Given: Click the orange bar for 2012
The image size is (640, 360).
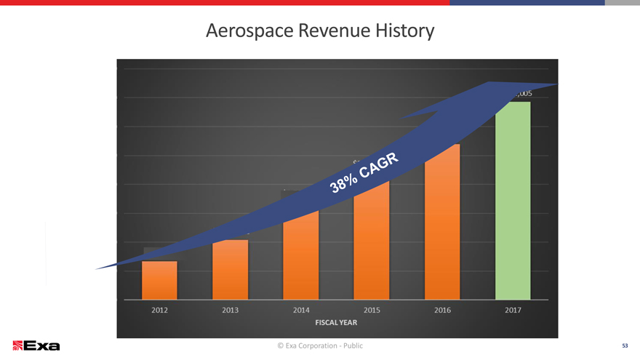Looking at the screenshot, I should [159, 280].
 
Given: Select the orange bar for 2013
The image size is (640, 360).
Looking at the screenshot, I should [230, 270].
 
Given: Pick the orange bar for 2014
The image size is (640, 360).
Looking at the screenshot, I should [301, 255].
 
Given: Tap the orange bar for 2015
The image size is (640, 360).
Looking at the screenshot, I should [372, 240].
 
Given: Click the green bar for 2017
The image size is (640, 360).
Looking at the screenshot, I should [513, 200].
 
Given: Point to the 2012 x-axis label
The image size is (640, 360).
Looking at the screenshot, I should [159, 311].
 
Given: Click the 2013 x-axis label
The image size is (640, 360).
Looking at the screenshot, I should [230, 311].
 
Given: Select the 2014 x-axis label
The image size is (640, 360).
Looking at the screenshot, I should [301, 311].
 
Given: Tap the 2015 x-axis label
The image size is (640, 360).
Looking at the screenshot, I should [372, 311].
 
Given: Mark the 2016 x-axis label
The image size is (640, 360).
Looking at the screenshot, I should [442, 311].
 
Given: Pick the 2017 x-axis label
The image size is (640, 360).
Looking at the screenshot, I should [513, 311].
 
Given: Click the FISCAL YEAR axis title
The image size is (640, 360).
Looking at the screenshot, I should [335, 321].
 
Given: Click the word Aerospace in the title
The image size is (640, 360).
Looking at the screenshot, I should [247, 31].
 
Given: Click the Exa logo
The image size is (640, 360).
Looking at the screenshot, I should [36, 345].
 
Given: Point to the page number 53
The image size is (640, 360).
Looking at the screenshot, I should [624, 345].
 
